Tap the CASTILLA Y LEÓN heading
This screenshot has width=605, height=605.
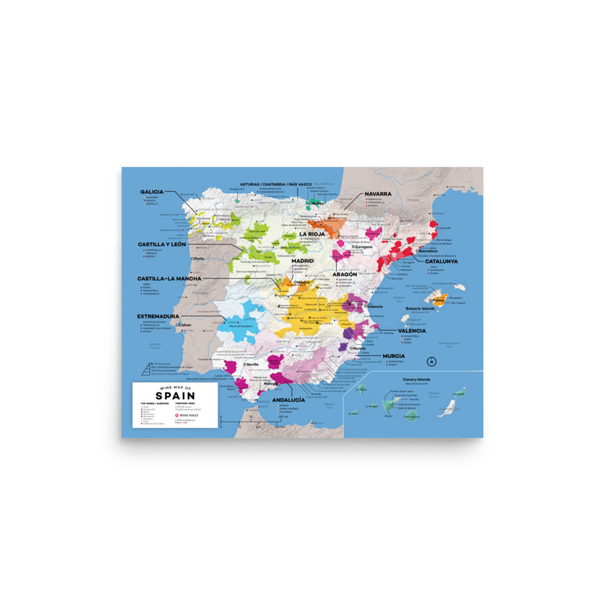click(x=162, y=245)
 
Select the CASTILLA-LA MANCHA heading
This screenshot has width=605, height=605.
click(x=169, y=278)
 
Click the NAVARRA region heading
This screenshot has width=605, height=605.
click(x=378, y=194)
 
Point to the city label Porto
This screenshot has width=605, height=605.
click(x=200, y=258)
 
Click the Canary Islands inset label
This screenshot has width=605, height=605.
click(x=406, y=377)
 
